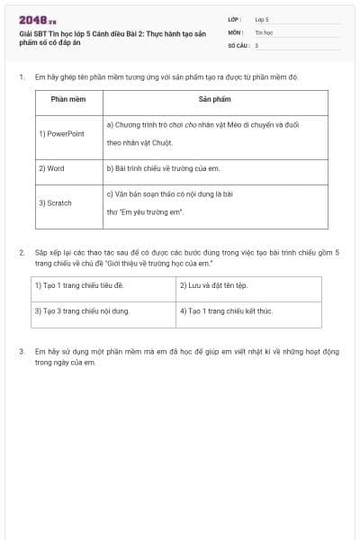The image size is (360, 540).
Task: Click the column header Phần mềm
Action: [67, 99]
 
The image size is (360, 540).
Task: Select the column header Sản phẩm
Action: [215, 99]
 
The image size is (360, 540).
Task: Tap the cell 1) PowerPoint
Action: [61, 133]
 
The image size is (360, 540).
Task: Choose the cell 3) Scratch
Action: [55, 202]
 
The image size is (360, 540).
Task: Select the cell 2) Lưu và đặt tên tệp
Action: [212, 285]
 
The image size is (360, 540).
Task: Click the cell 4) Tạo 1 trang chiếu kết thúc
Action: [225, 310]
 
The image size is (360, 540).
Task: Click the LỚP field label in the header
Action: [235, 19]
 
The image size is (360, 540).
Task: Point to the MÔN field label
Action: [236, 31]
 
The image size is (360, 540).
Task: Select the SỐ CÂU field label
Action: [238, 44]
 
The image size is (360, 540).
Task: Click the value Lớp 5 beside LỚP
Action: [262, 19]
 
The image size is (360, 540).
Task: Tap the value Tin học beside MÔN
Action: [264, 31]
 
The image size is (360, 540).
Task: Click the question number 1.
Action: [21, 77]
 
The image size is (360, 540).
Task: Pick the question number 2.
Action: [21, 252]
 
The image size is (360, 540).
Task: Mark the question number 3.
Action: [21, 350]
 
